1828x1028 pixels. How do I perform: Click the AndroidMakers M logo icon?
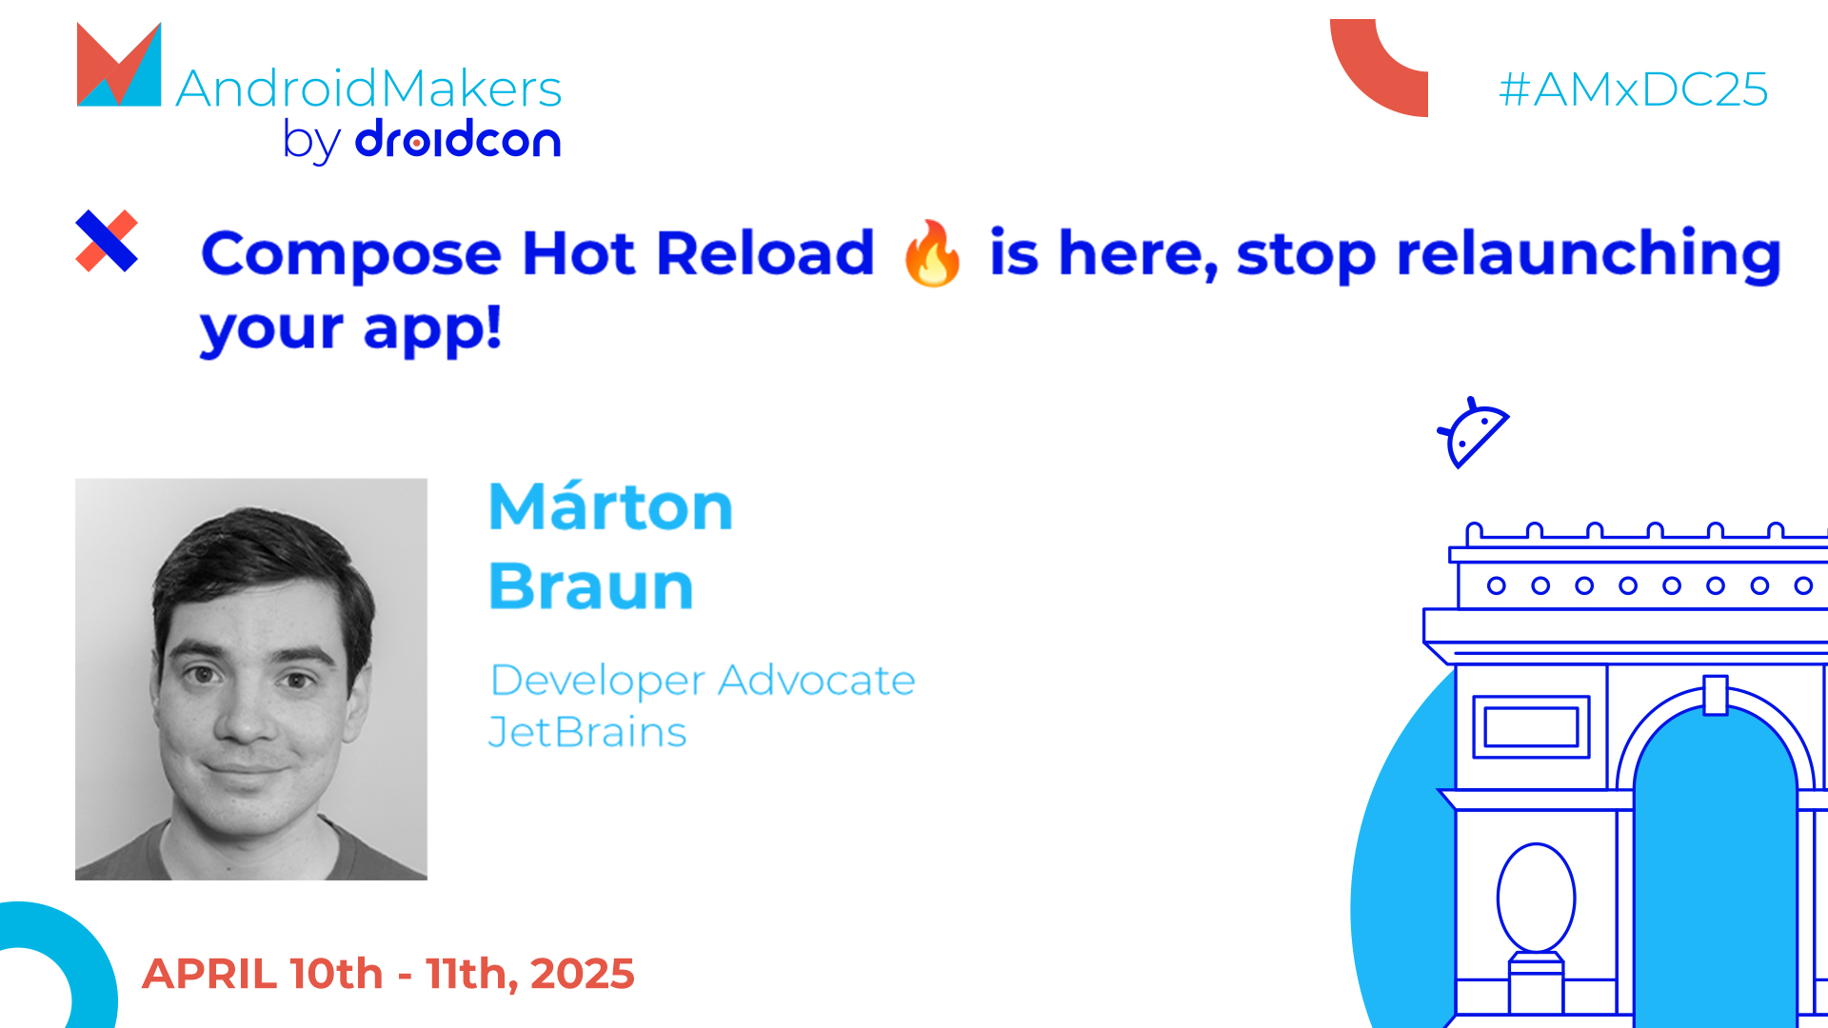(119, 67)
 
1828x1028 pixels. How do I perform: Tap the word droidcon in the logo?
(457, 140)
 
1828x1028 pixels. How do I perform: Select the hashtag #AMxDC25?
(1633, 89)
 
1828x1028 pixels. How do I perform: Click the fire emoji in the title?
(932, 253)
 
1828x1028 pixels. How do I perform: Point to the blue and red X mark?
(107, 241)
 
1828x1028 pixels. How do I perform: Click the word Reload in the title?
(765, 253)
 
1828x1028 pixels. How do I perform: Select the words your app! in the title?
(350, 329)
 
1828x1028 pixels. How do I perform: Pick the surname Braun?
(591, 585)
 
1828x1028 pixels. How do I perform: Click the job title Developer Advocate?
(702, 681)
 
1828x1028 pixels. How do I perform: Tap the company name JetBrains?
(586, 732)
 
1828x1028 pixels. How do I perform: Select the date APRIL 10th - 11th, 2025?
(388, 974)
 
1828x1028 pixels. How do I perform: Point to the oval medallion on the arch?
(1536, 897)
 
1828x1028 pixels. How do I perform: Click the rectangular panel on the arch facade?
(1531, 727)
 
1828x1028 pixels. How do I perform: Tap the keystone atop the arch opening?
(1716, 694)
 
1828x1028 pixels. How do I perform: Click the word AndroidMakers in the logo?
(368, 89)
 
